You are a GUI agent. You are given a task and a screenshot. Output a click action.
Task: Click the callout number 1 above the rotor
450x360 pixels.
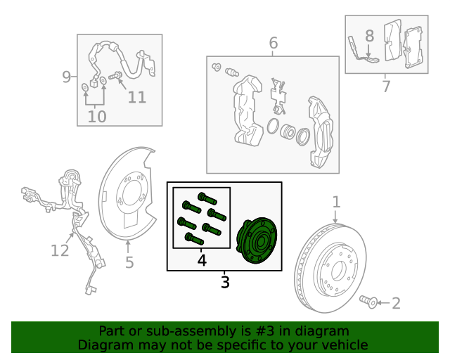(x=336, y=202)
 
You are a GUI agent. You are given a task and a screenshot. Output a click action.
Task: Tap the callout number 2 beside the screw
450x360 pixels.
(x=397, y=303)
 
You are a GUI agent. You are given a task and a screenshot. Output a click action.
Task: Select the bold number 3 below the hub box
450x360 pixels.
(x=225, y=282)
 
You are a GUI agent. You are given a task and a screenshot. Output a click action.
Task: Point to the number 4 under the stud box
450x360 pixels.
(x=202, y=260)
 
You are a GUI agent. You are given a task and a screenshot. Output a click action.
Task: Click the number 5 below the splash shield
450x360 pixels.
(x=129, y=262)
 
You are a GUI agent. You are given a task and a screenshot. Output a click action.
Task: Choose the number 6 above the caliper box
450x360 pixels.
(x=274, y=43)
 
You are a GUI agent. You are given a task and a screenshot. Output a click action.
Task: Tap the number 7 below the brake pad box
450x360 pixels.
(x=386, y=86)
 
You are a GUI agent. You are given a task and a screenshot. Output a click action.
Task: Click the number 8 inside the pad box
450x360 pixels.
(x=370, y=36)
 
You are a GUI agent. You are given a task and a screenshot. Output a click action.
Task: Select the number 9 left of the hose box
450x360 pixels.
(x=67, y=77)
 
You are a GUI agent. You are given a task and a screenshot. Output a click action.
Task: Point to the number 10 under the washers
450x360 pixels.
(x=97, y=117)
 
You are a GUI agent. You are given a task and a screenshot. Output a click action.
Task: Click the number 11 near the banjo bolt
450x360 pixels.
(x=137, y=97)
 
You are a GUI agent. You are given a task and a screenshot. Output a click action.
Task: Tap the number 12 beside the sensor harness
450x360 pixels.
(x=60, y=250)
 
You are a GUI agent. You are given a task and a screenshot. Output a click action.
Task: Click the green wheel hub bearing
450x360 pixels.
(x=256, y=240)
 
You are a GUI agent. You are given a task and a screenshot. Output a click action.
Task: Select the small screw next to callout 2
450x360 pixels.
(x=368, y=302)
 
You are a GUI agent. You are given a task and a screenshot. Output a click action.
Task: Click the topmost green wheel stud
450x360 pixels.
(x=207, y=198)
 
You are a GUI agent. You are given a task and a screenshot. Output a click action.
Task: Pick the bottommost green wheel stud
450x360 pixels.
(x=195, y=238)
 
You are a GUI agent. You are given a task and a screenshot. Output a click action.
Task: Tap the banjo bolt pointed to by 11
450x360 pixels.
(x=115, y=76)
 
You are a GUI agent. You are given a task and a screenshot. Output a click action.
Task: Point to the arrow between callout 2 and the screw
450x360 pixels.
(x=384, y=303)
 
